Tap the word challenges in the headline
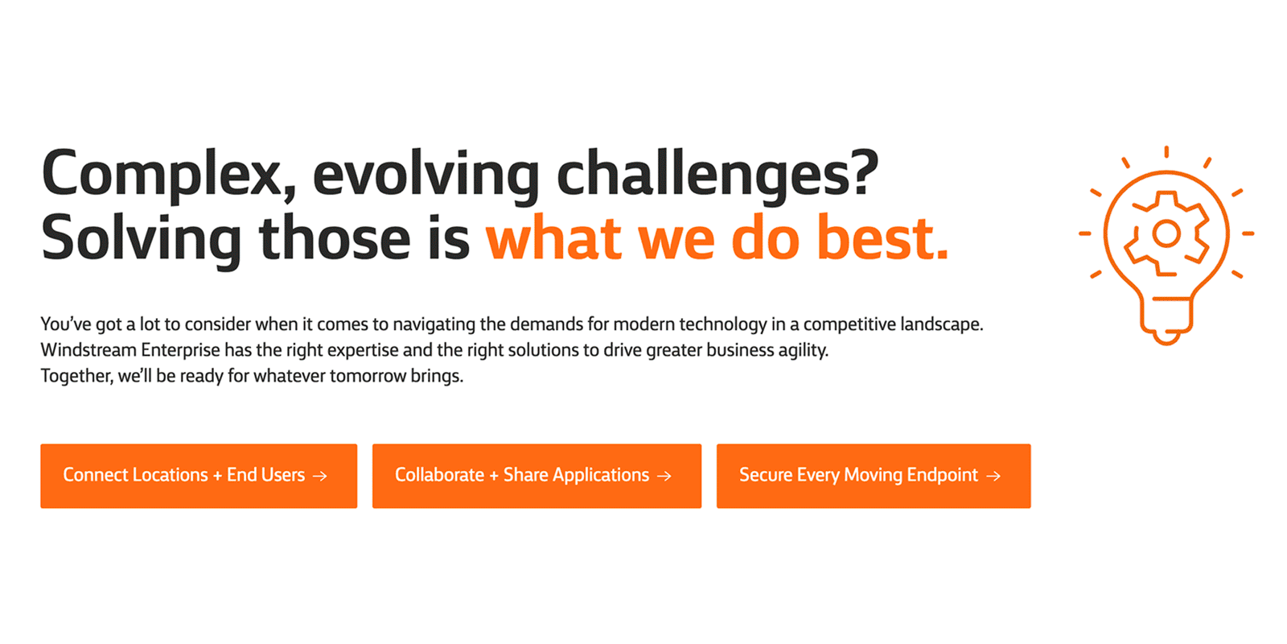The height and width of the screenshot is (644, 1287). pos(718,175)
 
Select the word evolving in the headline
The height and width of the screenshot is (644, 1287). pos(426,175)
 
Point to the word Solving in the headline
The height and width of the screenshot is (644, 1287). pos(142,240)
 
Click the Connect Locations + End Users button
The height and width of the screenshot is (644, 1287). pos(199,476)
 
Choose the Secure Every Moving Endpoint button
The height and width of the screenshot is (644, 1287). pos(874,476)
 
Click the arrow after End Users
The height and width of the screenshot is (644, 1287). pos(320,476)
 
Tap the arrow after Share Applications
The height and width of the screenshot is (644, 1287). pos(664,476)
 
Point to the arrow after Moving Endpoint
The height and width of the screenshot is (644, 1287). pos(993,476)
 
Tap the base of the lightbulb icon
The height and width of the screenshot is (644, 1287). pos(1166,321)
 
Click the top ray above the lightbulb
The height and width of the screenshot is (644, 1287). pos(1166,152)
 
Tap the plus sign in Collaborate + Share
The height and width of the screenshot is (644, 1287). pos(494,476)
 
